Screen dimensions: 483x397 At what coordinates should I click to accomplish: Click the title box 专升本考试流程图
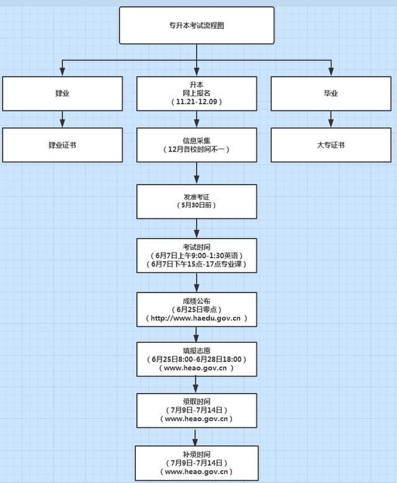[x=197, y=25]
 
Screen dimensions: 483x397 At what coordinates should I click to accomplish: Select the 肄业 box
[x=62, y=93]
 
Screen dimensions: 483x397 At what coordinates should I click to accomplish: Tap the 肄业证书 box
[x=62, y=145]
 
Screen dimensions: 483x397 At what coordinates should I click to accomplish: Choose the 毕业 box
[x=331, y=93]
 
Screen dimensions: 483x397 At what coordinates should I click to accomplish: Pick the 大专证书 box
[x=331, y=145]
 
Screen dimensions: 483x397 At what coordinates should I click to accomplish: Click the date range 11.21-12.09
[x=197, y=101]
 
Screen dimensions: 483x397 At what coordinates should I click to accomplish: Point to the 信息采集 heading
[x=197, y=140]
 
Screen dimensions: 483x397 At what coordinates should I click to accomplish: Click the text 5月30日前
[x=197, y=205]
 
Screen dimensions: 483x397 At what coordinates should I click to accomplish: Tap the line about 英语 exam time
[x=197, y=255]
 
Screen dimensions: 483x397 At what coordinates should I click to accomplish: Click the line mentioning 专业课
[x=197, y=264]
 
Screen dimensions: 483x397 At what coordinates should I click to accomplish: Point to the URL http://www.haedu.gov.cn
[x=197, y=318]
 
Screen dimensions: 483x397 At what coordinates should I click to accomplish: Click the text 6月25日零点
[x=197, y=309]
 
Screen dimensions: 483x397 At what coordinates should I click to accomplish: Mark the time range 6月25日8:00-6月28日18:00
[x=197, y=359]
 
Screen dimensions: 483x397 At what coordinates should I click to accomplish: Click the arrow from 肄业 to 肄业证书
[x=62, y=119]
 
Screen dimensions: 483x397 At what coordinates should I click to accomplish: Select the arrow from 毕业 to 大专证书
[x=331, y=119]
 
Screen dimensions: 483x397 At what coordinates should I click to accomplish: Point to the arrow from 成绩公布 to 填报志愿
[x=197, y=335]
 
